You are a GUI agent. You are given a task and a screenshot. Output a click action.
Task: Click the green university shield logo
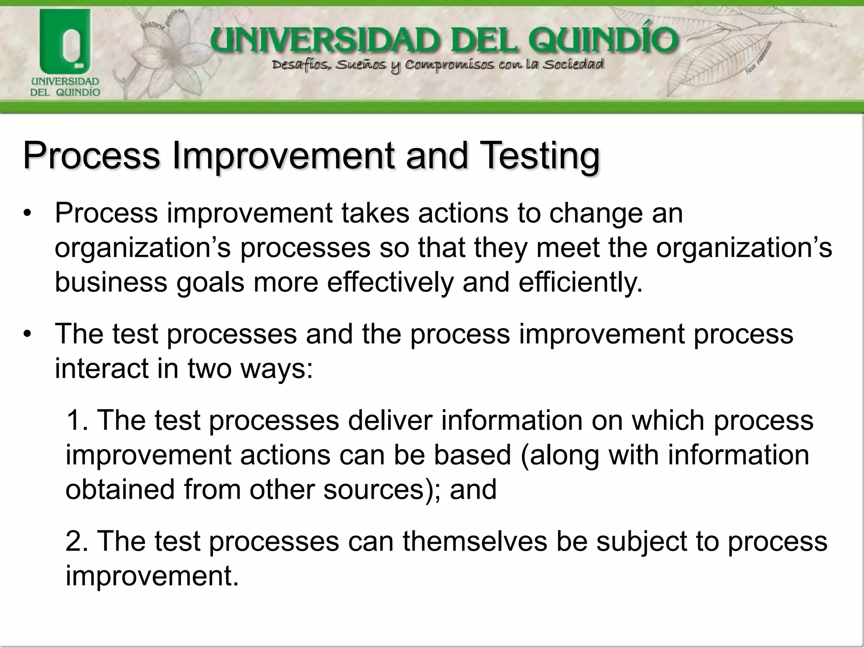click(x=65, y=42)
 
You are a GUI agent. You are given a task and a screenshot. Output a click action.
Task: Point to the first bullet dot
click(x=28, y=213)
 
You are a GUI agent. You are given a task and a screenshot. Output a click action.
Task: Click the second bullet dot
click(x=28, y=335)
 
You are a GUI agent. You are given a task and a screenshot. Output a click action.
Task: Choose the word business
click(x=111, y=282)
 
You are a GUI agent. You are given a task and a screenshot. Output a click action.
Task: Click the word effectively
click(x=390, y=282)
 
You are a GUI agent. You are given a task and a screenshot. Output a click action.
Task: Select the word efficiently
click(x=580, y=282)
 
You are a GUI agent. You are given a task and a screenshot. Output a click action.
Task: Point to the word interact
click(x=101, y=369)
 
